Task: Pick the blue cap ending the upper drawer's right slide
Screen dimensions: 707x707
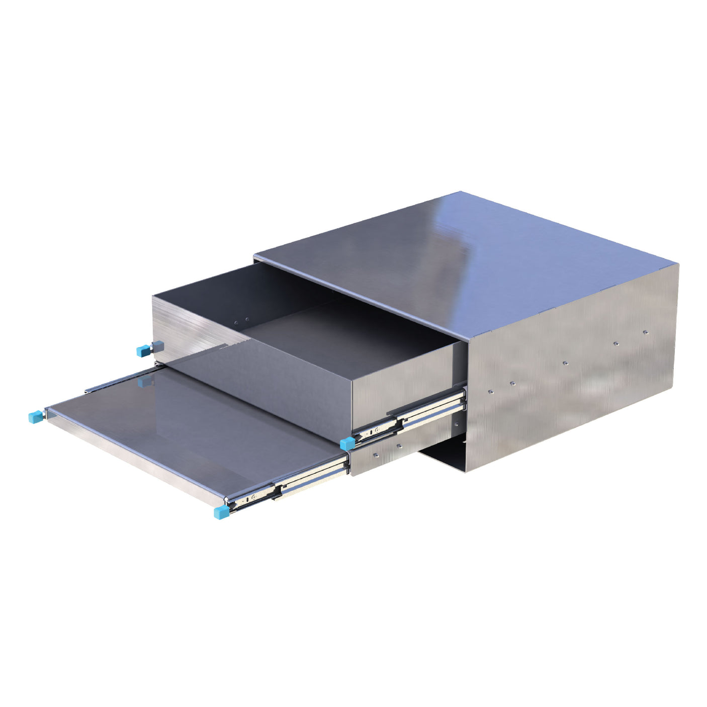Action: [346, 443]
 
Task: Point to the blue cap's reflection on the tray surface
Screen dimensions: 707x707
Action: [145, 382]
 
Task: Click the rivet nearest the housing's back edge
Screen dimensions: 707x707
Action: [646, 332]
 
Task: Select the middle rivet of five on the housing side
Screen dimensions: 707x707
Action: [565, 362]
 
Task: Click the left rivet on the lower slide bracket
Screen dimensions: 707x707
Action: [376, 455]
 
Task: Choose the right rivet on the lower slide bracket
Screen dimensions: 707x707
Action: [399, 446]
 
